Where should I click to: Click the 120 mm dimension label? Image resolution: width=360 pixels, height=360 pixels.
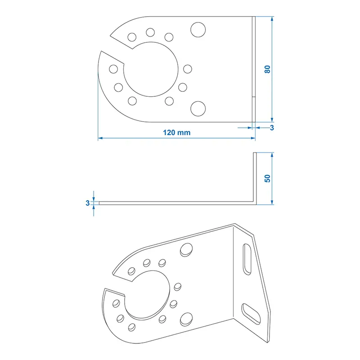(x=176, y=132)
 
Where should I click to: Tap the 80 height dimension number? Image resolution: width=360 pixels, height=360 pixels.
(x=267, y=70)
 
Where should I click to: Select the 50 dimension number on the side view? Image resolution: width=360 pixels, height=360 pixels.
(x=267, y=178)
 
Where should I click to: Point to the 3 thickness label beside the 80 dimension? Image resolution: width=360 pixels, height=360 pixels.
(x=272, y=128)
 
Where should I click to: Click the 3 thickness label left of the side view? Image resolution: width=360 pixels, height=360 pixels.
(x=87, y=203)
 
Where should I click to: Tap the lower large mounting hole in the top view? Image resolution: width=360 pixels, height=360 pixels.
(x=197, y=108)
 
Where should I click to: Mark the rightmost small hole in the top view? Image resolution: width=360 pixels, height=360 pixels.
(x=188, y=69)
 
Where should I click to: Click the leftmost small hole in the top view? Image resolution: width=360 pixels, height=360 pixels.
(x=114, y=69)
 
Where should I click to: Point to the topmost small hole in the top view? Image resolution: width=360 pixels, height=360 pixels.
(x=150, y=32)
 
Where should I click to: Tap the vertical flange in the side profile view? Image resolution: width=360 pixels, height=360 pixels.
(x=254, y=178)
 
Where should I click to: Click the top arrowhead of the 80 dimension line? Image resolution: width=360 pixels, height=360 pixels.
(x=272, y=19)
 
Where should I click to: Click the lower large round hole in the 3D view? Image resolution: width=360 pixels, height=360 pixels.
(x=185, y=319)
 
